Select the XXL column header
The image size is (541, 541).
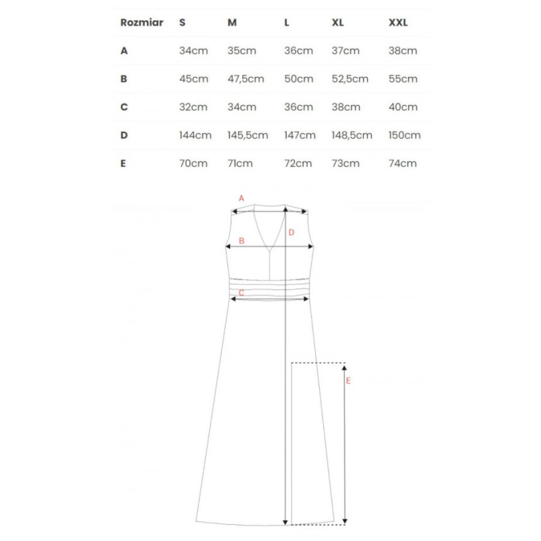point(398,22)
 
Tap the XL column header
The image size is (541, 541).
point(338,22)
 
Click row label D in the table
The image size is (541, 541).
point(124,135)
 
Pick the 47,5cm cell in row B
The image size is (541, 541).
point(245,78)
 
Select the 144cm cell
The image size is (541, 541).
point(195,135)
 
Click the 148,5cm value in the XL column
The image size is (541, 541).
point(352,135)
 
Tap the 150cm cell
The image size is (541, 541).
point(404,135)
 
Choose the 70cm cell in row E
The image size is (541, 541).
point(193,163)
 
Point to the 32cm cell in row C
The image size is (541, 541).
point(193,107)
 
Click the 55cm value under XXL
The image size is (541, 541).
point(403,78)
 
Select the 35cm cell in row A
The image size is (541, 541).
point(241,51)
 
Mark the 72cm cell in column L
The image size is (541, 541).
point(298,163)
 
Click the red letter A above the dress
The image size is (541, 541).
point(241,198)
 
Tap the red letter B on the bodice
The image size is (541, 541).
point(241,241)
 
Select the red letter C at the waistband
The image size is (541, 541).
point(241,292)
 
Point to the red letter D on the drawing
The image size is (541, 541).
point(291,233)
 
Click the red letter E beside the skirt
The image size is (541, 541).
point(349,381)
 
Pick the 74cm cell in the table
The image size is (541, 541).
point(403,163)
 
